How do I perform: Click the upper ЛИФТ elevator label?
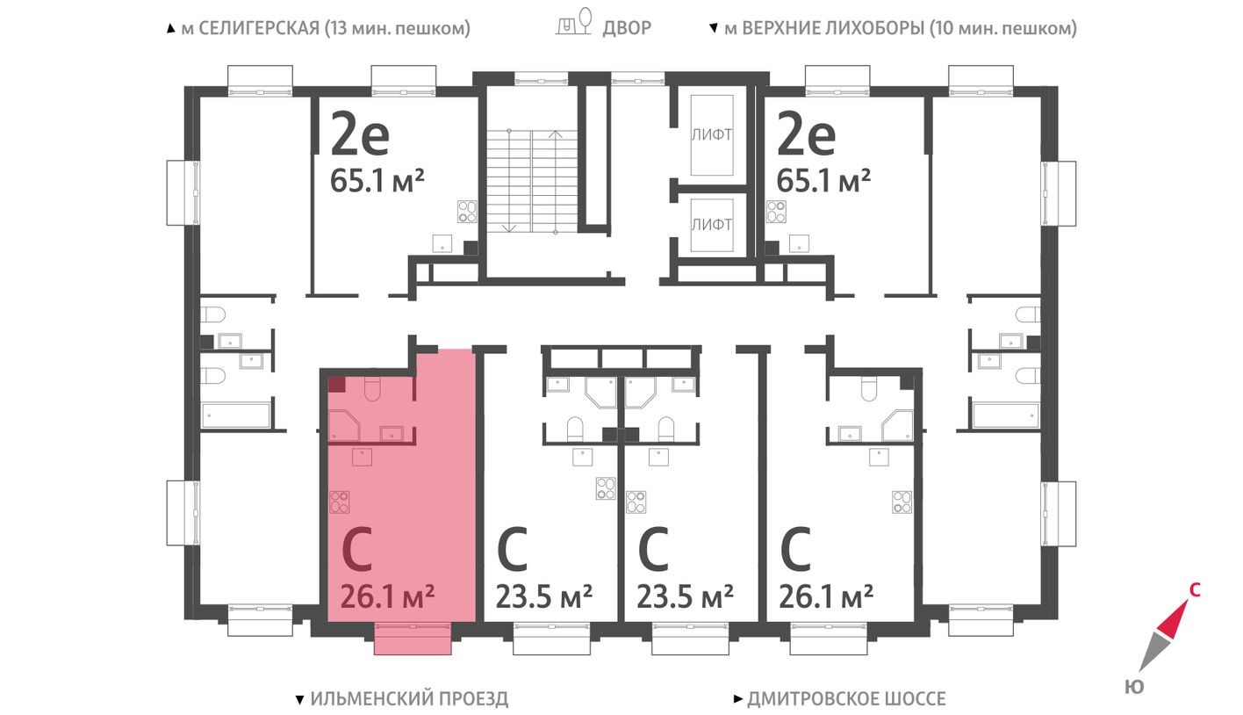coord(711,134)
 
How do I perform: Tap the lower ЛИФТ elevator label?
coord(711,225)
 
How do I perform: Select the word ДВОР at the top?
coord(627,28)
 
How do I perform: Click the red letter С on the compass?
coord(1194,590)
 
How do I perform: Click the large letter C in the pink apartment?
coord(359,551)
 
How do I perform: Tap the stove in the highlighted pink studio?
coord(340,502)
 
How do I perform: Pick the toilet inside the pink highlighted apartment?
coord(371,387)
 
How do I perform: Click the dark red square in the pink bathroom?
coord(336,383)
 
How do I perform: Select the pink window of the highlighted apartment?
coord(413,638)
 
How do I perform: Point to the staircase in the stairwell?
coord(531,180)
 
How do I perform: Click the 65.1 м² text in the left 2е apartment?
coord(377,181)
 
